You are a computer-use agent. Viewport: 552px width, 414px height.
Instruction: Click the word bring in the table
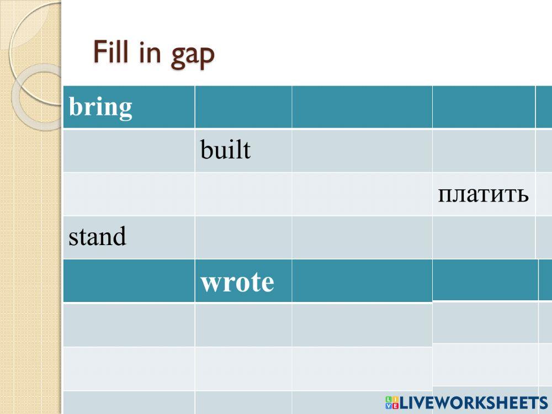coord(100,108)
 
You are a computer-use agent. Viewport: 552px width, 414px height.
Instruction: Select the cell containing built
coord(243,151)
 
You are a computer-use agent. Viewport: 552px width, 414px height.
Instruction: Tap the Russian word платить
coord(483,194)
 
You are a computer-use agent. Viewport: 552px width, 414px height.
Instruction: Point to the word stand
coord(97,236)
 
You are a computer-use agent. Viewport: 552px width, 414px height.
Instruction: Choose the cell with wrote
coord(243,281)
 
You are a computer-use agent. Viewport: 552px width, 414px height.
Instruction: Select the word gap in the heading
coord(193,56)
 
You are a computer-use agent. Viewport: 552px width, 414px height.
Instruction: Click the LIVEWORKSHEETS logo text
coord(474,402)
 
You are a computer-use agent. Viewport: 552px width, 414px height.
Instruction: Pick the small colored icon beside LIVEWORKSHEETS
coord(392,403)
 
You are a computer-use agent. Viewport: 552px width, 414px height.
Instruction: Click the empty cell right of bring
coord(243,107)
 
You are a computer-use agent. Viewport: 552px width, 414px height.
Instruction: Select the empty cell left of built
coord(129,151)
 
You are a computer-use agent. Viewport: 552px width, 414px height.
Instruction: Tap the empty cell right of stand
coord(243,237)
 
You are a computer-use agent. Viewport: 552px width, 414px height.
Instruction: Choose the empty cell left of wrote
coord(129,281)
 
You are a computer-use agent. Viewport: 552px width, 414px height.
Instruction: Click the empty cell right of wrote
coord(362,281)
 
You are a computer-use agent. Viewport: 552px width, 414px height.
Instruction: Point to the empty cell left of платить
coord(362,194)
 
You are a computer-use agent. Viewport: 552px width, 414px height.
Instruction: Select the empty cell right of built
coord(362,151)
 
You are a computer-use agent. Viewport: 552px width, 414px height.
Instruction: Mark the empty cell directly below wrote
coord(243,325)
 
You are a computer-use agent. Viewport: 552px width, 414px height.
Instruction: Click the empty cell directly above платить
coord(484,151)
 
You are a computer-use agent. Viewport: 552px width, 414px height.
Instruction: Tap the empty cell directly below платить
coord(484,237)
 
